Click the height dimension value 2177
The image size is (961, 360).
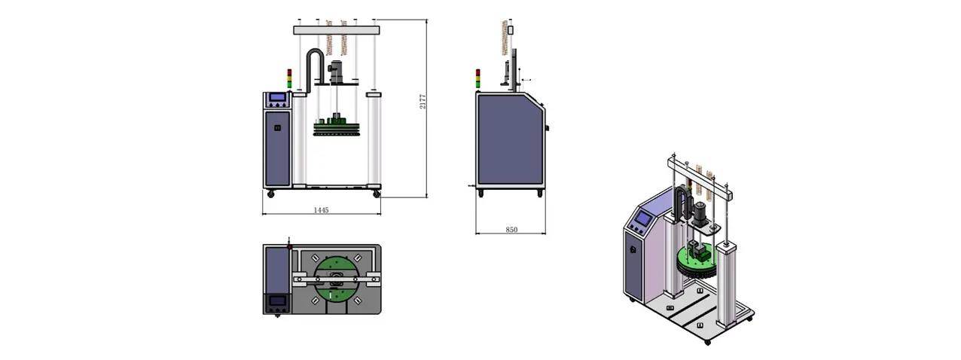(423, 101)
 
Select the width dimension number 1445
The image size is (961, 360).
(321, 210)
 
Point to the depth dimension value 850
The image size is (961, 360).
(511, 230)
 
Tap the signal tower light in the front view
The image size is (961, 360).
(289, 78)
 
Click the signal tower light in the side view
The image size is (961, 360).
(478, 78)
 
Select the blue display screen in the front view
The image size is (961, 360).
(277, 97)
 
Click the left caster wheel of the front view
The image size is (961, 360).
(270, 194)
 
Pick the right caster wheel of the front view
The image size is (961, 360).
(377, 194)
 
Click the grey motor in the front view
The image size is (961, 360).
(336, 72)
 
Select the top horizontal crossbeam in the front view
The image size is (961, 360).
(337, 30)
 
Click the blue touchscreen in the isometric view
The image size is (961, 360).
(642, 218)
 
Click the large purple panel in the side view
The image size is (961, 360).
(509, 139)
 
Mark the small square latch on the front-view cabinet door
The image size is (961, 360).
(277, 127)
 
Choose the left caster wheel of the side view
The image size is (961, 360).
(480, 194)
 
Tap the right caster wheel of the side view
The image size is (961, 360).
(540, 194)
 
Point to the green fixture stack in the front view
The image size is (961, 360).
(337, 125)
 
